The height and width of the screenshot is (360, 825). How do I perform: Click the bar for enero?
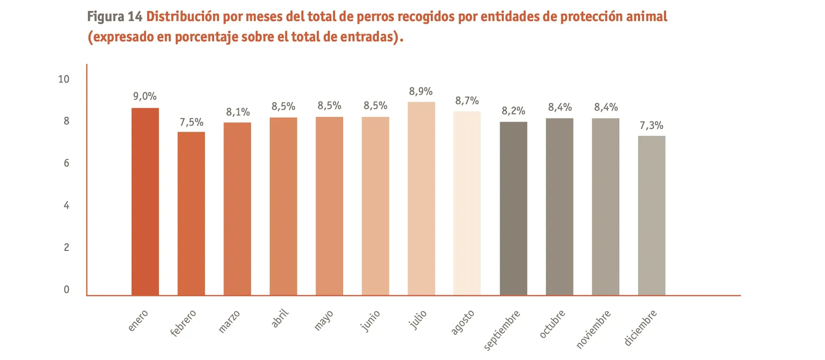tap(145, 201)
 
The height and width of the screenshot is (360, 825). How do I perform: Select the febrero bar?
tap(191, 214)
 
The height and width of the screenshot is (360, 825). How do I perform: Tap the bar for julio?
tap(421, 199)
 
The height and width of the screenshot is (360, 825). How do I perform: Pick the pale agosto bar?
tap(467, 203)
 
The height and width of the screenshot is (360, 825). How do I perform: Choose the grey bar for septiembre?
tap(513, 208)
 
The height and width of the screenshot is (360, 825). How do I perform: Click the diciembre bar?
tap(651, 215)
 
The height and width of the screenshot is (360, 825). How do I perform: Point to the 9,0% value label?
tap(145, 96)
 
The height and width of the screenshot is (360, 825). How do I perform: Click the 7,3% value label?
tap(651, 126)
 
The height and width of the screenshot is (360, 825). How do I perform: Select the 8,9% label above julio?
tap(421, 92)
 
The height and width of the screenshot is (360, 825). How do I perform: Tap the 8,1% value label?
tap(238, 112)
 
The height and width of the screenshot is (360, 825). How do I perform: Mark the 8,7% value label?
tap(467, 101)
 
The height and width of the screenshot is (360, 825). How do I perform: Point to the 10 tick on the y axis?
tap(64, 79)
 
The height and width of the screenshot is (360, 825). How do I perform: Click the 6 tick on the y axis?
tap(67, 163)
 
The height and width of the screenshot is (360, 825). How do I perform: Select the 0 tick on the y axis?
tap(67, 289)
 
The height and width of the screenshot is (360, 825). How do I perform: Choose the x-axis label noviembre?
tap(593, 329)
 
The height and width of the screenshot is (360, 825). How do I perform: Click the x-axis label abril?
tap(280, 318)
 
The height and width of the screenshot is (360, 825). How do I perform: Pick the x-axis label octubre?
tap(552, 324)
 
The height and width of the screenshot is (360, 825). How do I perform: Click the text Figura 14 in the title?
tap(115, 17)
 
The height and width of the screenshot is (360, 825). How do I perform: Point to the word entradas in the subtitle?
tap(367, 37)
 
